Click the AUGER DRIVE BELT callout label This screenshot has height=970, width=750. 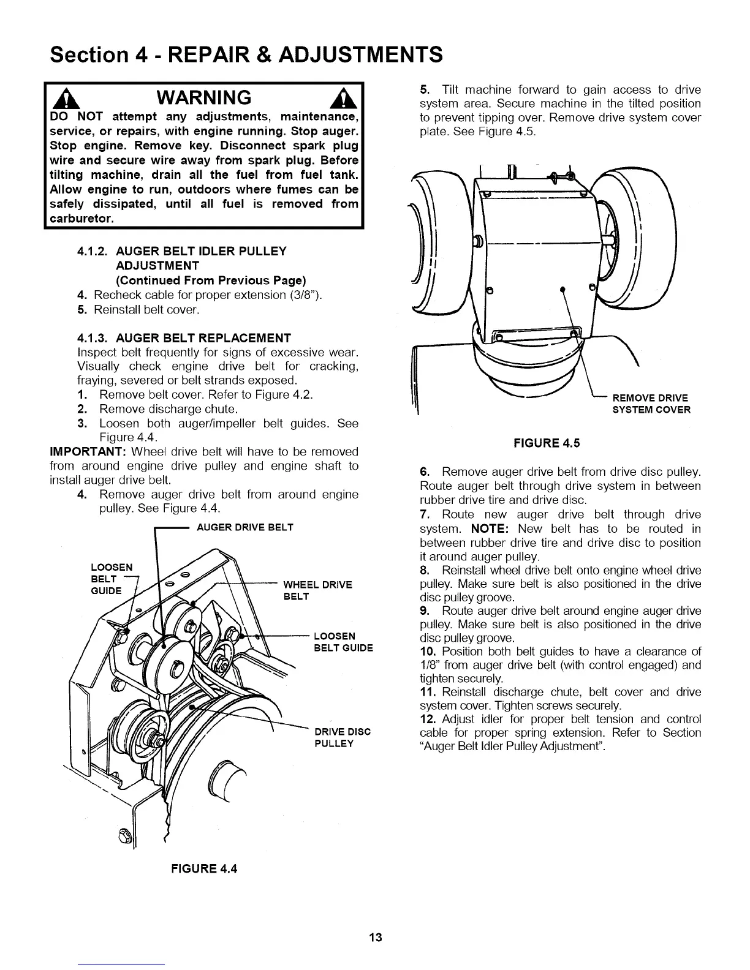coord(244,527)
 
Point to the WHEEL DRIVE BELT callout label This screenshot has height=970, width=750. coord(317,590)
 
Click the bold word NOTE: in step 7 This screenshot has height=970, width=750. coord(491,528)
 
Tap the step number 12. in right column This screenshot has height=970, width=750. coord(427,719)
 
